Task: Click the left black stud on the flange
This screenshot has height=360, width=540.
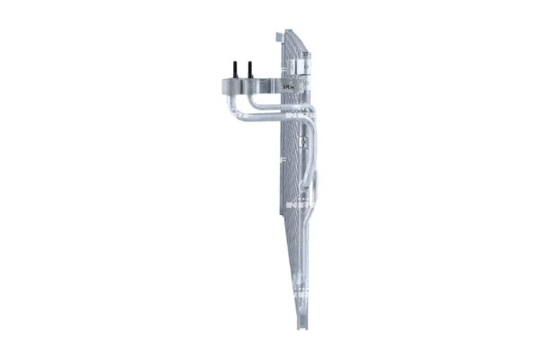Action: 236,69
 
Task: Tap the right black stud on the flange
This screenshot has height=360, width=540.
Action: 250,69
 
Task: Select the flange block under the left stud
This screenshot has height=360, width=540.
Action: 232,86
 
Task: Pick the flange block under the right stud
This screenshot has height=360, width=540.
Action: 251,86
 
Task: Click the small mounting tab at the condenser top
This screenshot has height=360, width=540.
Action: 278,37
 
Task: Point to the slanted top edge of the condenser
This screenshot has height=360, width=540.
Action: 295,40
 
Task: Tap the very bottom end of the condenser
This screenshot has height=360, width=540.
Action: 302,324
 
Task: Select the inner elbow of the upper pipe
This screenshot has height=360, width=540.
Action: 255,103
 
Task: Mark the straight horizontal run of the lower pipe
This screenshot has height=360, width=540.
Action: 270,118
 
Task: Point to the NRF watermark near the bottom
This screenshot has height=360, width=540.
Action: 300,292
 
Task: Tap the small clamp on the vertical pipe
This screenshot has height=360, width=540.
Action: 304,141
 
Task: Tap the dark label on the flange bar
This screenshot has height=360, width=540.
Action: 289,86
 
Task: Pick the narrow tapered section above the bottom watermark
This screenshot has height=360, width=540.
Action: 299,261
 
